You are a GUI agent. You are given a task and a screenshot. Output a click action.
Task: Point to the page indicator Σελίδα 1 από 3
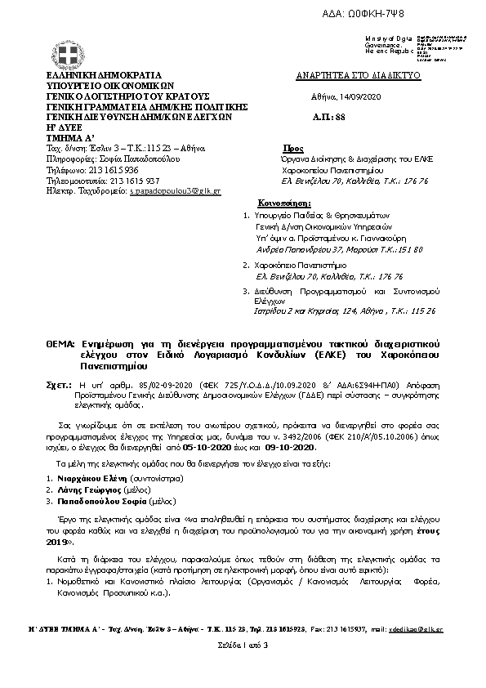[x=243, y=646]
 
